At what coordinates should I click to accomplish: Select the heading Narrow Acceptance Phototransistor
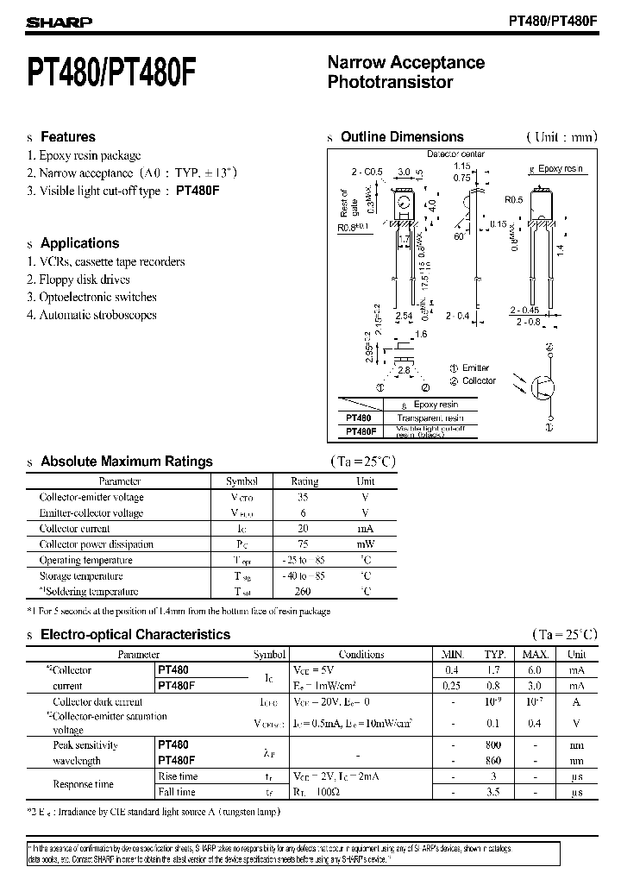point(405,72)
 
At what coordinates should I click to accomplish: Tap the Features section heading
point(68,137)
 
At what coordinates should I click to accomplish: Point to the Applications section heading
point(79,243)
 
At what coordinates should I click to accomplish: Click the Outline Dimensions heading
point(402,137)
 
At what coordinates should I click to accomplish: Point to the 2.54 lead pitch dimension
point(404,317)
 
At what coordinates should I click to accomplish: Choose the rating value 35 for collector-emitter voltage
point(303,498)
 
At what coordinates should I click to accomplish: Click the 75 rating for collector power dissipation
point(303,544)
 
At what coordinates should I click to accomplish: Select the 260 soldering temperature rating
point(303,592)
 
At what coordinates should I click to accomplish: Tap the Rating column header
point(304,481)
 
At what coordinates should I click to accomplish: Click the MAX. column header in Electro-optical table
point(536,655)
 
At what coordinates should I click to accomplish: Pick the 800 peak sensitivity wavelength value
point(494,745)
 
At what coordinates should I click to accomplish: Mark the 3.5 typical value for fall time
point(494,792)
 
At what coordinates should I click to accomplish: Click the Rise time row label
point(177,776)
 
